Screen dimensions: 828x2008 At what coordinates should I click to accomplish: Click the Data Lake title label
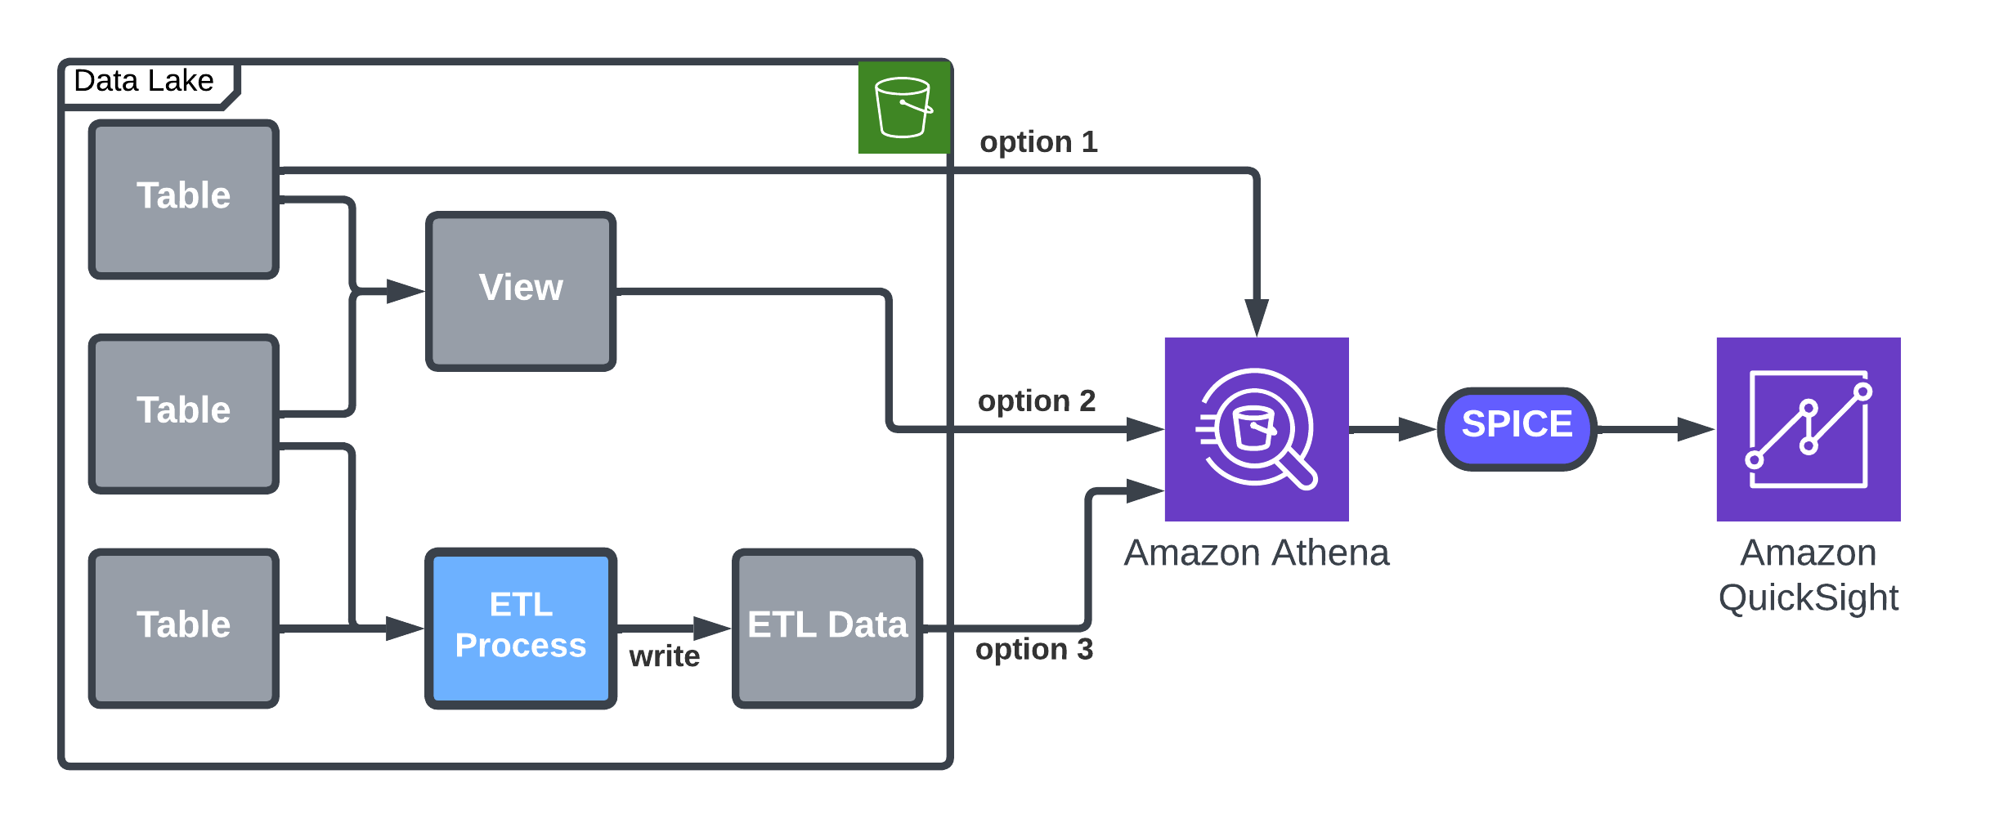[144, 82]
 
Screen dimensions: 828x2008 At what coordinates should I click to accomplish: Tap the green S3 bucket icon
[903, 108]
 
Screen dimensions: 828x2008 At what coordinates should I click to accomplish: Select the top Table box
[184, 199]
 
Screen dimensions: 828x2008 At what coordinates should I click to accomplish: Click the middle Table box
[184, 414]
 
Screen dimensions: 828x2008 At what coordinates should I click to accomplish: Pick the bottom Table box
[184, 628]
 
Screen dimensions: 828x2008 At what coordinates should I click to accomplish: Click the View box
[521, 291]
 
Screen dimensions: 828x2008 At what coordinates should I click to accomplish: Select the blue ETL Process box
[521, 628]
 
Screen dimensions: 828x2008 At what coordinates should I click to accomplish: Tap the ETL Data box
[827, 628]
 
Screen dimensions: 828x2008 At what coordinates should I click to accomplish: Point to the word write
[664, 656]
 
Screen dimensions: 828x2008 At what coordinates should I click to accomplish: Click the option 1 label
[1038, 142]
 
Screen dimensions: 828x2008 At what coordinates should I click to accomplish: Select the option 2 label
[1037, 401]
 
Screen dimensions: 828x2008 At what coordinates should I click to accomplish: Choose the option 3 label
[1034, 650]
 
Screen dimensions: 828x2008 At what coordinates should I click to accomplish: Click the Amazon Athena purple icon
[1256, 429]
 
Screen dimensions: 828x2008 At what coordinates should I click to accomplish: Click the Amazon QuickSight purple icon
[1808, 429]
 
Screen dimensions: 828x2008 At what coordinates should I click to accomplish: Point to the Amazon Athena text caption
[1256, 553]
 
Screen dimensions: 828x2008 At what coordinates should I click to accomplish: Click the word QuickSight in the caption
[1808, 598]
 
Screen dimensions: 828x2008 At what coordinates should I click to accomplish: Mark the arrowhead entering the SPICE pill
[1418, 429]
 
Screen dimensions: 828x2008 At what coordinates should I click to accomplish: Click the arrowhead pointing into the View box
[406, 291]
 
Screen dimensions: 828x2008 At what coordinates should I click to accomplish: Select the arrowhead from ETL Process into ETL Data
[712, 629]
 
